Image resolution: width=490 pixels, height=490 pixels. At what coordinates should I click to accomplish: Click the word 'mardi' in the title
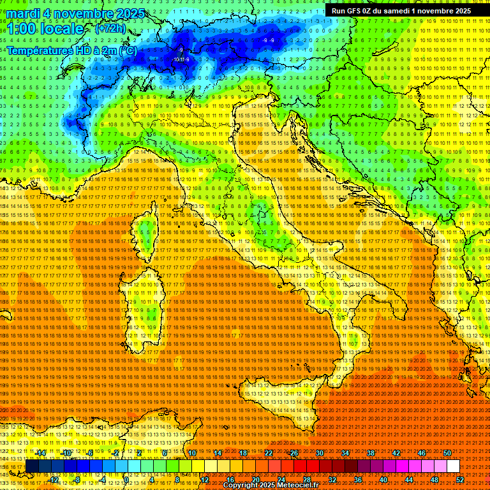tap(23, 13)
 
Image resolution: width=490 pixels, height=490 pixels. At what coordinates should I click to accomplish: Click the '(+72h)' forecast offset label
tap(110, 29)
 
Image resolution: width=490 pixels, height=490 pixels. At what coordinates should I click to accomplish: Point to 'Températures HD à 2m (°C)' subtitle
tap(71, 50)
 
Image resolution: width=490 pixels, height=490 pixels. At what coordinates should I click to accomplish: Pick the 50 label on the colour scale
tap(447, 453)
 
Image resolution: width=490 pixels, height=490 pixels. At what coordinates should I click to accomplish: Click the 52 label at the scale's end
tap(459, 480)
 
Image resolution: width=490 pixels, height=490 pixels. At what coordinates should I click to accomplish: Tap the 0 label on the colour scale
tap(127, 480)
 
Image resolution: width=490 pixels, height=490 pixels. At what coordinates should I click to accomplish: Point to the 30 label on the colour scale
tap(320, 453)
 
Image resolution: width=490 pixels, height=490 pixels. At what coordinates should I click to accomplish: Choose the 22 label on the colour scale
tap(269, 453)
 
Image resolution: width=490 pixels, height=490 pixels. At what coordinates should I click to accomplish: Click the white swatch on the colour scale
tap(453, 466)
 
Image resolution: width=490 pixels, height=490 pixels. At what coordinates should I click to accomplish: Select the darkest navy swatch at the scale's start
tap(32, 466)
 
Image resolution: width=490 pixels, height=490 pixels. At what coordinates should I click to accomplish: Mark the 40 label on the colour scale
tap(383, 480)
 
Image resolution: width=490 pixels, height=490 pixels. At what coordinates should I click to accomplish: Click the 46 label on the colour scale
tap(422, 453)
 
